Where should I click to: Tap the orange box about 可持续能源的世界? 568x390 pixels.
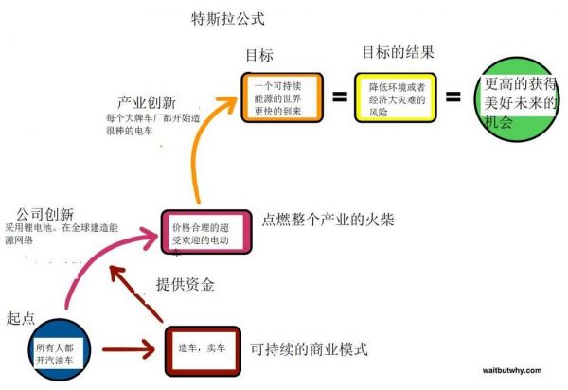pyautogui.click(x=281, y=97)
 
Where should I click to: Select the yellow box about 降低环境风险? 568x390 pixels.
pyautogui.click(x=394, y=97)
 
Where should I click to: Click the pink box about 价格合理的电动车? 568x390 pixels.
pyautogui.click(x=206, y=231)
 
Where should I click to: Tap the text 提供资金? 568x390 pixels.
pyautogui.click(x=185, y=284)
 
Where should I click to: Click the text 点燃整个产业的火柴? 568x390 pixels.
pyautogui.click(x=328, y=220)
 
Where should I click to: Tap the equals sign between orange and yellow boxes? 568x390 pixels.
pyautogui.click(x=339, y=97)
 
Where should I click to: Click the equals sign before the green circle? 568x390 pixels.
pyautogui.click(x=454, y=97)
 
